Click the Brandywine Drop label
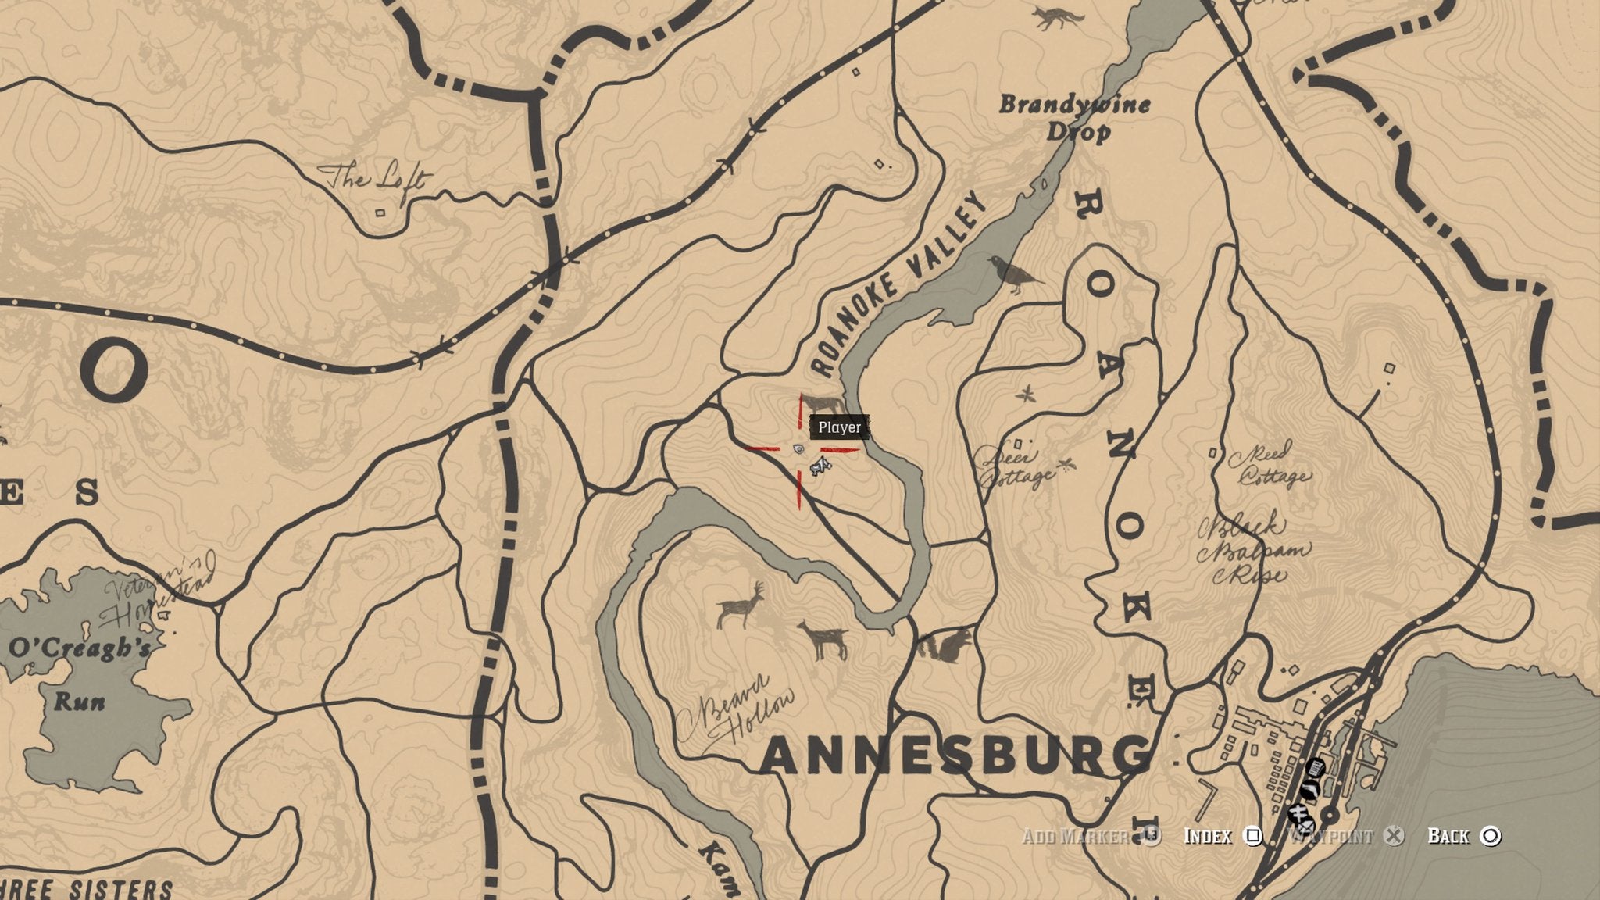[x=1075, y=116]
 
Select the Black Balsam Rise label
[x=1253, y=550]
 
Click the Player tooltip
[x=840, y=427]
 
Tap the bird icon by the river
[x=1013, y=273]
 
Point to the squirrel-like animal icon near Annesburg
[x=943, y=645]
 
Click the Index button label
[x=1208, y=836]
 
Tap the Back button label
[x=1448, y=836]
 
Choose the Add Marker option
[x=1075, y=836]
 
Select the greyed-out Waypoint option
[x=1330, y=836]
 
